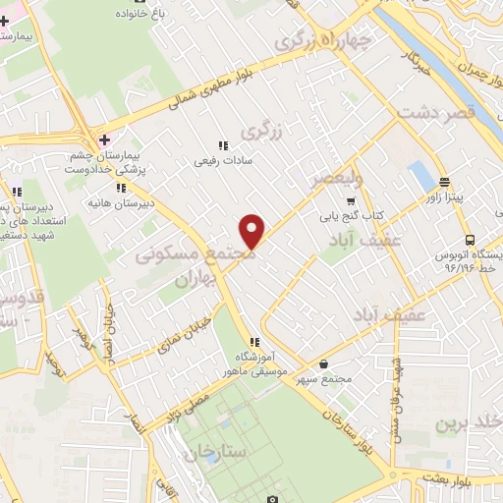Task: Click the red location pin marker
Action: pyautogui.click(x=252, y=231)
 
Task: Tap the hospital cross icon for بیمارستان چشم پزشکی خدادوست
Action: pyautogui.click(x=105, y=140)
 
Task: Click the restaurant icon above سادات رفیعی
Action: pyautogui.click(x=222, y=145)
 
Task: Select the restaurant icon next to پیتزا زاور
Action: pyautogui.click(x=444, y=182)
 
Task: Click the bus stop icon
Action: pyautogui.click(x=470, y=240)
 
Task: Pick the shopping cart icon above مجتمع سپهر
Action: pyautogui.click(x=323, y=362)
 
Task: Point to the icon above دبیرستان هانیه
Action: pyautogui.click(x=120, y=188)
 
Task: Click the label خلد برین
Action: pyautogui.click(x=470, y=422)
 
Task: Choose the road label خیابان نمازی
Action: pyautogui.click(x=176, y=309)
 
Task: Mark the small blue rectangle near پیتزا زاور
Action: pyautogui.click(x=420, y=177)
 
